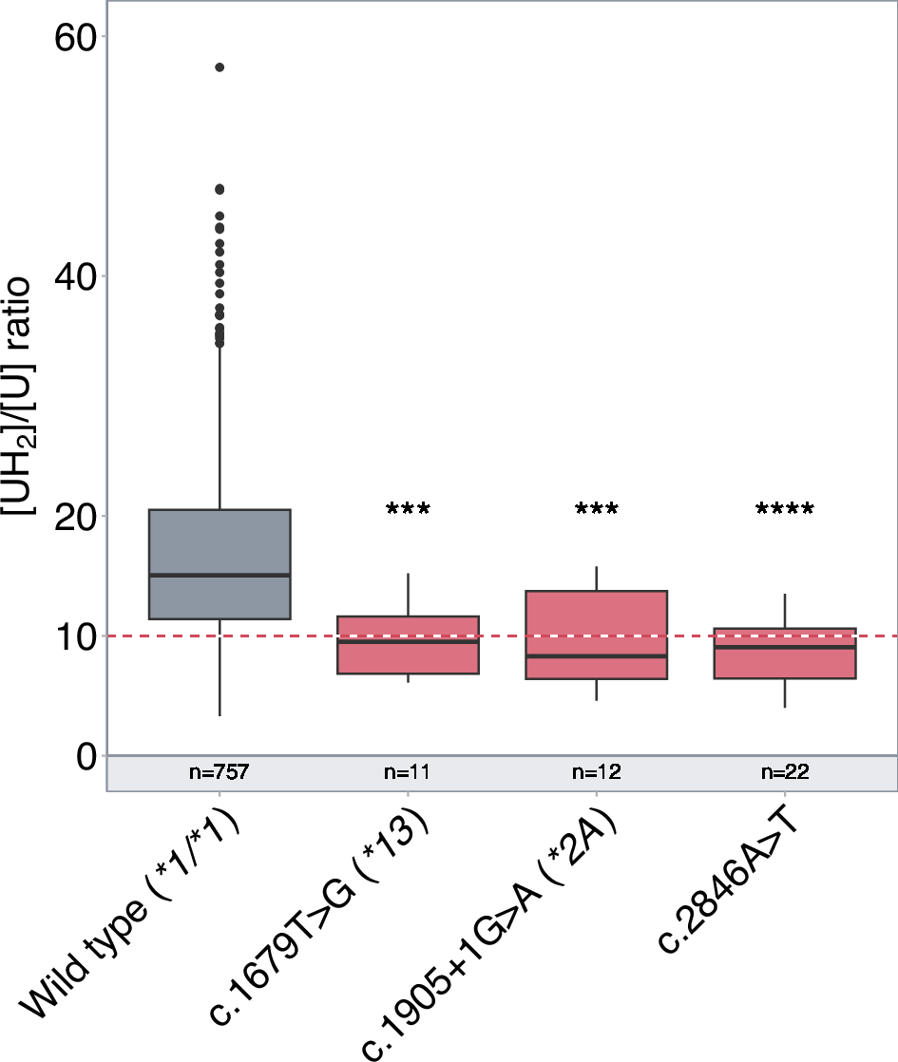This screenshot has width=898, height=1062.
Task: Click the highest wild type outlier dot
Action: click(220, 67)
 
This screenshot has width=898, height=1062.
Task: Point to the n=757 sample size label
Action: click(220, 772)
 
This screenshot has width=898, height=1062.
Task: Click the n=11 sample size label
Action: click(408, 772)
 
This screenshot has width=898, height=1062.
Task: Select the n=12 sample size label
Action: click(596, 772)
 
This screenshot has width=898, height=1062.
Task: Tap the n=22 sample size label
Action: click(784, 772)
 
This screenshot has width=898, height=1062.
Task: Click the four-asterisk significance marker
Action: click(784, 510)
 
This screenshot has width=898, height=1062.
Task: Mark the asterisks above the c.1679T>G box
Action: click(408, 510)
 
